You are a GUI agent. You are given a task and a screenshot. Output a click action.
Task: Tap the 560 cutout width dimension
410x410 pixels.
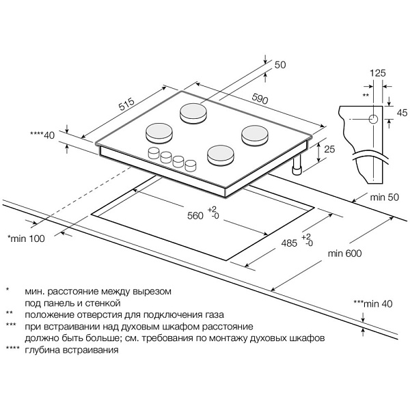click(195, 216)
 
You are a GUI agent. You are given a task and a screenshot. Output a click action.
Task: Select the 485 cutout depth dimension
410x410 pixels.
click(288, 242)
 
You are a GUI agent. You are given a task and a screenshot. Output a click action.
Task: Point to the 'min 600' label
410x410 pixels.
click(344, 254)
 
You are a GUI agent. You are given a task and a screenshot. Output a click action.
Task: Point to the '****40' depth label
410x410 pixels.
click(42, 135)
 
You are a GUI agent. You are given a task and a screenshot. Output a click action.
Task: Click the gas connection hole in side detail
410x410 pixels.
click(372, 119)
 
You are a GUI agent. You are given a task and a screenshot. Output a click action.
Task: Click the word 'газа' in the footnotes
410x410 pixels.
click(211, 315)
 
